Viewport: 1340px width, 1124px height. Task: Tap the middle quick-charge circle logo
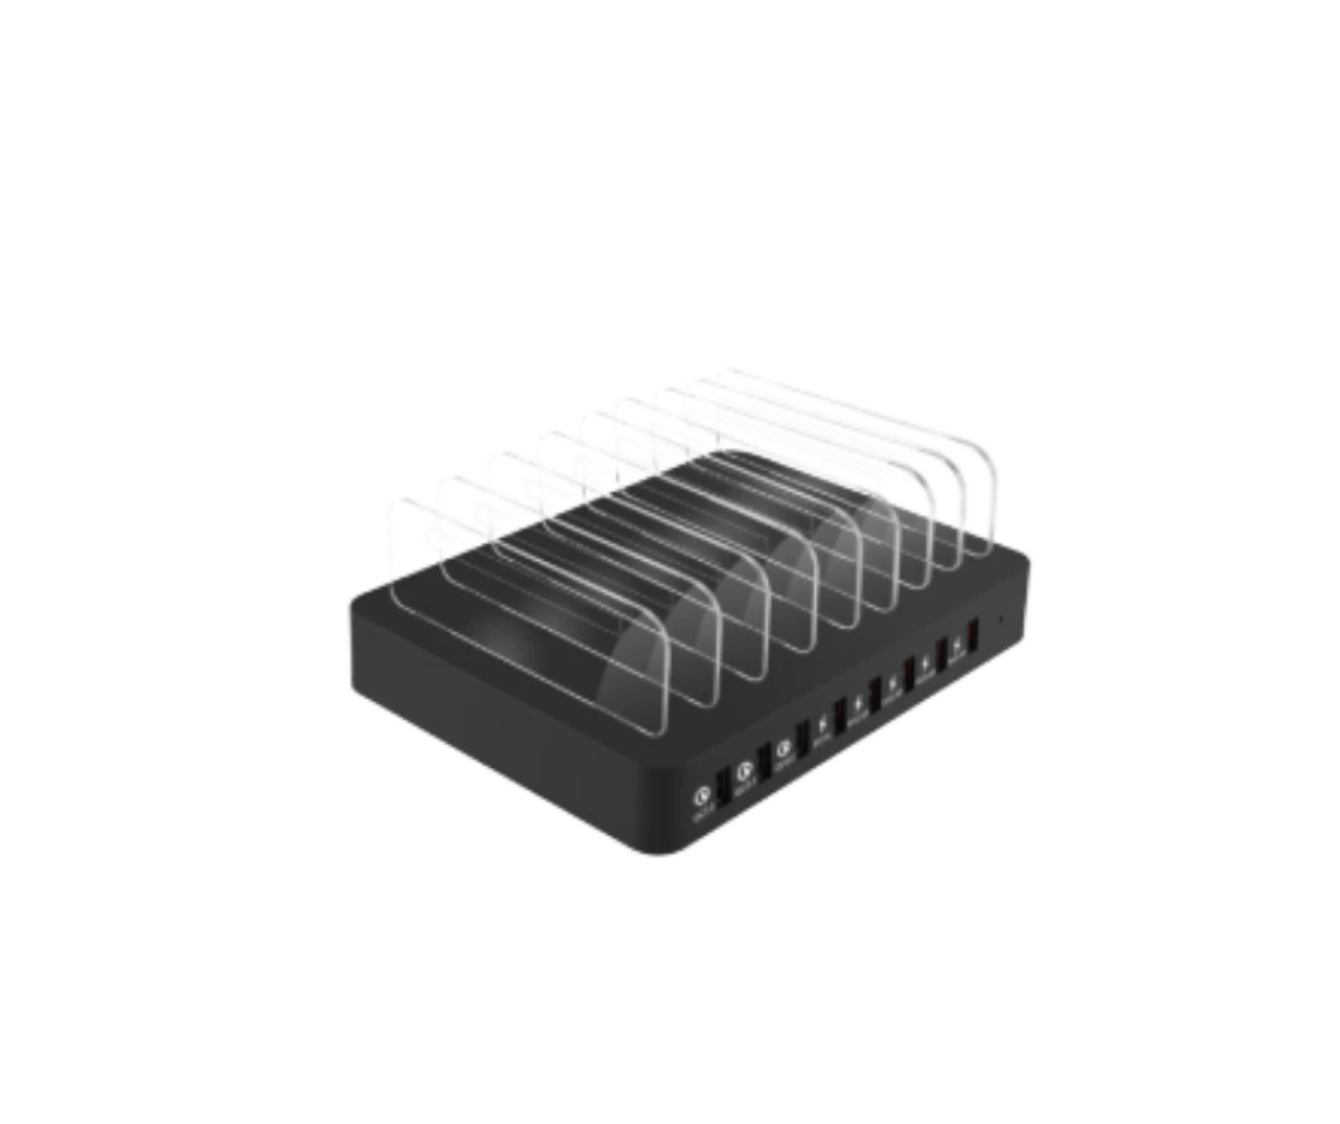[x=744, y=767]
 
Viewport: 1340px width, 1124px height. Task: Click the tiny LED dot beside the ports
[x=1001, y=618]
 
